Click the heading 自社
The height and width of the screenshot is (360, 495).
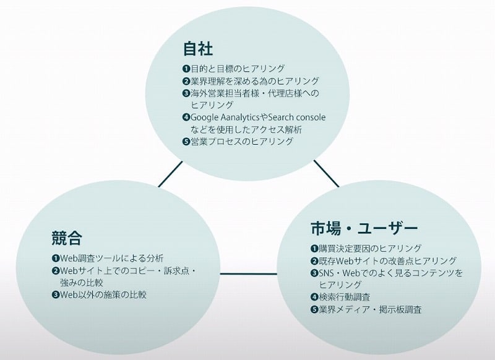click(x=198, y=49)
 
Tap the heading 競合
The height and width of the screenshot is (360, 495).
click(x=67, y=238)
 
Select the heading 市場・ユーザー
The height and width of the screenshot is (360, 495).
click(x=364, y=228)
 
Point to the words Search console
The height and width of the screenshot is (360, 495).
click(x=296, y=118)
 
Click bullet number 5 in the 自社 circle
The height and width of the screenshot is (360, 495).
click(x=186, y=142)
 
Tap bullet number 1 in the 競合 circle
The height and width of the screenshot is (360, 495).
click(x=56, y=259)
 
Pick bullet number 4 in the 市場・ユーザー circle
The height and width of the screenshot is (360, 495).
click(x=314, y=297)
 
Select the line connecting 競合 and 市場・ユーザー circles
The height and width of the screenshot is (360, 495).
click(x=249, y=273)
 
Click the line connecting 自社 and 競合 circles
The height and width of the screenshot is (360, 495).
click(x=171, y=174)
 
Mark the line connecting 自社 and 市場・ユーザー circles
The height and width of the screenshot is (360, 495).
click(x=327, y=174)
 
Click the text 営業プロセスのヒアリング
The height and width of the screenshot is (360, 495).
click(x=242, y=142)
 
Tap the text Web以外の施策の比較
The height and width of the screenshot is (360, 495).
click(x=103, y=294)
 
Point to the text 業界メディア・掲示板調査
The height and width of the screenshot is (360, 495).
click(x=370, y=309)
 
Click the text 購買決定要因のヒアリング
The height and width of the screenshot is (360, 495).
click(x=370, y=249)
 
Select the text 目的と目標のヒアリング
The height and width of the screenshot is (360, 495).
click(x=238, y=69)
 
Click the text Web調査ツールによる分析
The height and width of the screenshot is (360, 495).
click(x=112, y=259)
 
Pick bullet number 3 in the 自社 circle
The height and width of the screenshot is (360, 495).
click(x=186, y=93)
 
